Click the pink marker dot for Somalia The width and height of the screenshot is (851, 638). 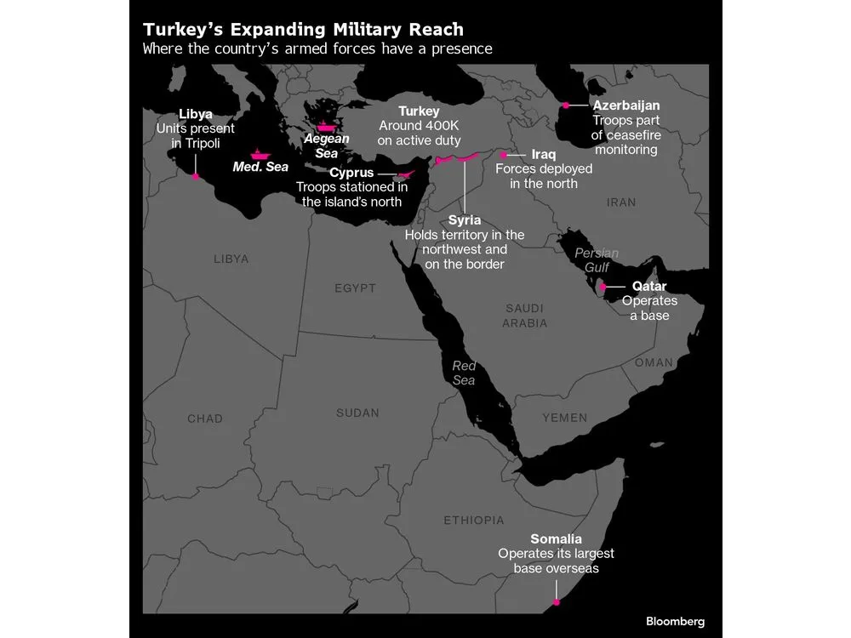557,602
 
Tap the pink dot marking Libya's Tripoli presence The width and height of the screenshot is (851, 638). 196,176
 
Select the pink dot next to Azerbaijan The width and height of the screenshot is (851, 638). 565,105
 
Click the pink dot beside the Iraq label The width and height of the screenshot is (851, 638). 503,156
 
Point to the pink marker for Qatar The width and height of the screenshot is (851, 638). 603,287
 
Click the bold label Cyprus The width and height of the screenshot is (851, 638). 351,173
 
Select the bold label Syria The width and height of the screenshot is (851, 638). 464,220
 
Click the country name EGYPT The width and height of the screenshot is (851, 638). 355,288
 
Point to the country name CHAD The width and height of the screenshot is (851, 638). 205,419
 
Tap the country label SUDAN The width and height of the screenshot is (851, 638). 357,413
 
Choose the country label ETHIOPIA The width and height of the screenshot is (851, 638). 473,520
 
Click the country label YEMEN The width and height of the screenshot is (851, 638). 565,418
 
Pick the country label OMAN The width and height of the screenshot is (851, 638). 653,362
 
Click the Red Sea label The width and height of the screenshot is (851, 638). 464,373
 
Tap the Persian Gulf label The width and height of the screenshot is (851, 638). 597,260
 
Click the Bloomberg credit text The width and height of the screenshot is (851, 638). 675,621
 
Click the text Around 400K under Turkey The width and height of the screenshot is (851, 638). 420,126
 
